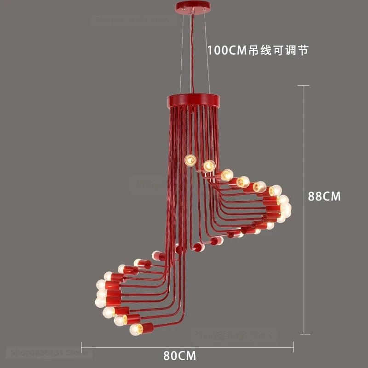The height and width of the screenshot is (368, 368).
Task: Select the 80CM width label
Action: click(179, 356)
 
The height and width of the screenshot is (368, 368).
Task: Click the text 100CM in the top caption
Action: click(228, 50)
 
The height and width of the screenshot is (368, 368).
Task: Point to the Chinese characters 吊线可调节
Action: click(281, 50)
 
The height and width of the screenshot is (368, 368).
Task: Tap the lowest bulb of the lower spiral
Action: click(136, 329)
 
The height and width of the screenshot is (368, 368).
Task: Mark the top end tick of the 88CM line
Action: click(304, 86)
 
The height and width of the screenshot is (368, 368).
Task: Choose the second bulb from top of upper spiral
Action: click(209, 165)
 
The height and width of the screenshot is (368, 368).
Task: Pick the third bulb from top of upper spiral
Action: click(227, 175)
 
